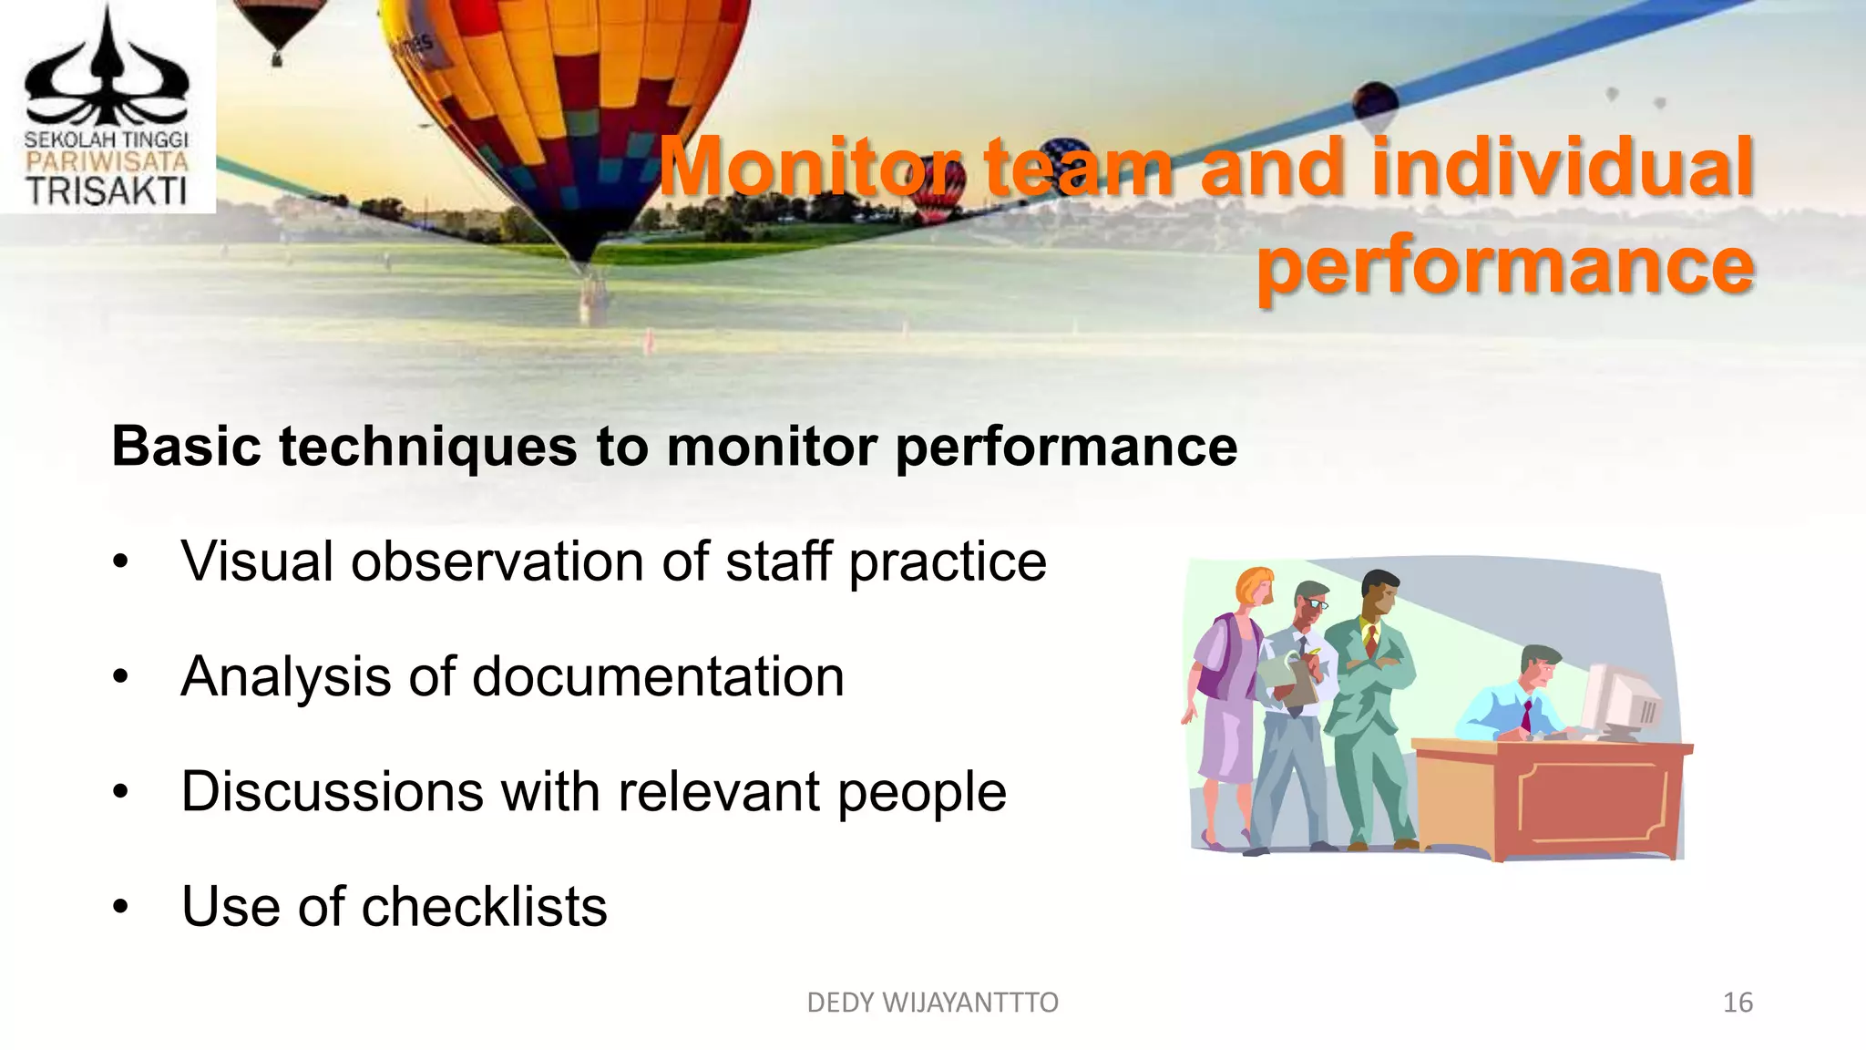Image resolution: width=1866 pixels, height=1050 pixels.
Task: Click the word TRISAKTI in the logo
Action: pyautogui.click(x=107, y=191)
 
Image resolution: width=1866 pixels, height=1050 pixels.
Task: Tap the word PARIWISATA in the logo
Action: pyautogui.click(x=107, y=163)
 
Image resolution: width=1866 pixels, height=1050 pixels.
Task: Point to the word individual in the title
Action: pyautogui.click(x=1562, y=168)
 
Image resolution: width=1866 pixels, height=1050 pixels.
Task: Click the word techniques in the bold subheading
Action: pyautogui.click(x=428, y=447)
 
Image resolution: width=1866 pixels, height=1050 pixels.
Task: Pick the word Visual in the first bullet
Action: pyautogui.click(x=257, y=561)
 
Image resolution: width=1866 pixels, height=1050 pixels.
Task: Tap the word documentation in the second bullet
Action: pyautogui.click(x=658, y=676)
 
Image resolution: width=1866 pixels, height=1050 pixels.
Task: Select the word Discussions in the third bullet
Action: pyautogui.click(x=332, y=791)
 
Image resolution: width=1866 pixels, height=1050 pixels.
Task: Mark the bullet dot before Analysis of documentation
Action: pyautogui.click(x=121, y=677)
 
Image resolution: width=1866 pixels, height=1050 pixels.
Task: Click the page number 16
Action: pyautogui.click(x=1738, y=1003)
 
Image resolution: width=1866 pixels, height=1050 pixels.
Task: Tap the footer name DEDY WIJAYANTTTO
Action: pyautogui.click(x=932, y=1003)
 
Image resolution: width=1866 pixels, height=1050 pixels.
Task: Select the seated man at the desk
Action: pyautogui.click(x=1512, y=697)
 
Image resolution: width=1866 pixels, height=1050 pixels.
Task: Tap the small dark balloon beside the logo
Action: pyautogui.click(x=277, y=27)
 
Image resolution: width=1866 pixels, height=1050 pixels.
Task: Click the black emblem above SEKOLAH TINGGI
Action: pyautogui.click(x=107, y=73)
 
